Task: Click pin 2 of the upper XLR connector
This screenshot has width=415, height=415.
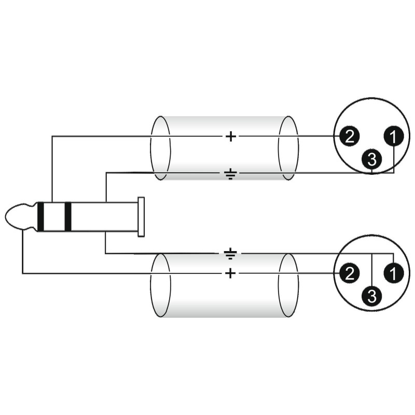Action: pyautogui.click(x=349, y=136)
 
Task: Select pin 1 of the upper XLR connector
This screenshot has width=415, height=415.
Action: pyautogui.click(x=394, y=136)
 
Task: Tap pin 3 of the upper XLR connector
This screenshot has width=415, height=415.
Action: pyautogui.click(x=372, y=159)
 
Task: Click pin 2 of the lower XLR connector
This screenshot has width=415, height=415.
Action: pyautogui.click(x=349, y=273)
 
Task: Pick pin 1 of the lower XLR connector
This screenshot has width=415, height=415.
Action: pyautogui.click(x=394, y=273)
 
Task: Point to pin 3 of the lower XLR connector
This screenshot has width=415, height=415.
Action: pyautogui.click(x=372, y=296)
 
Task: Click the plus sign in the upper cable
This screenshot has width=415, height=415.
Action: pyautogui.click(x=230, y=136)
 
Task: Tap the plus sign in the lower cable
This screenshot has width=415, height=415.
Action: pyautogui.click(x=230, y=273)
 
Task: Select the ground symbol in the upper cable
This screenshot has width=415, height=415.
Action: pyautogui.click(x=230, y=174)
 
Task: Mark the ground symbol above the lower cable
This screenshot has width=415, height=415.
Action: pyautogui.click(x=230, y=254)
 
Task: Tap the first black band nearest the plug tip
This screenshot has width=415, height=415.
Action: pyautogui.click(x=40, y=217)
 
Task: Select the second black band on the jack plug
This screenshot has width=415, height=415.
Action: pyautogui.click(x=68, y=217)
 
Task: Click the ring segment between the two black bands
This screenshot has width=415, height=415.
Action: pyautogui.click(x=54, y=217)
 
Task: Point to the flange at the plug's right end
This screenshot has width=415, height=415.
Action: pyautogui.click(x=141, y=217)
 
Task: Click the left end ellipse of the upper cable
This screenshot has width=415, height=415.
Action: pyautogui.click(x=160, y=148)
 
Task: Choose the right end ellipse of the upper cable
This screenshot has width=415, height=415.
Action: pyautogui.click(x=288, y=148)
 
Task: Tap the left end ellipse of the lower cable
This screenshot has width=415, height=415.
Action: pyautogui.click(x=160, y=285)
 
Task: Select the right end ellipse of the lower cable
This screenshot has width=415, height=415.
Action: pyautogui.click(x=288, y=285)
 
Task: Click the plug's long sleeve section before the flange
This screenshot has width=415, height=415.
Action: pyautogui.click(x=105, y=217)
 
